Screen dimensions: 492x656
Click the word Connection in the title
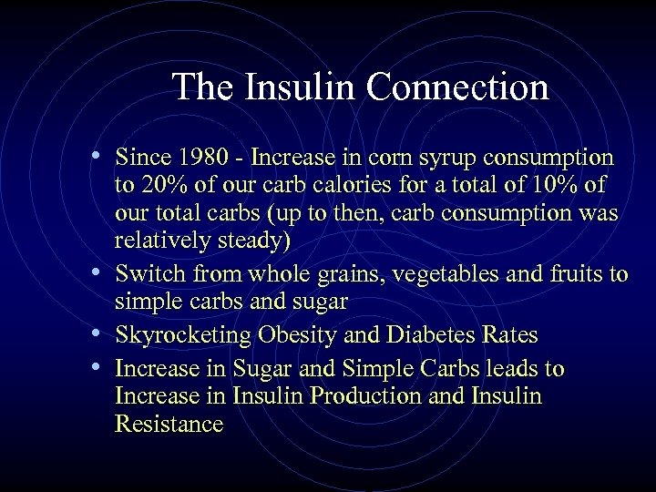456,87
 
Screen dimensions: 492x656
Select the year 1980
211,158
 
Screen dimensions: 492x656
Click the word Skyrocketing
183,335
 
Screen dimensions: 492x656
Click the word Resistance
169,425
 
